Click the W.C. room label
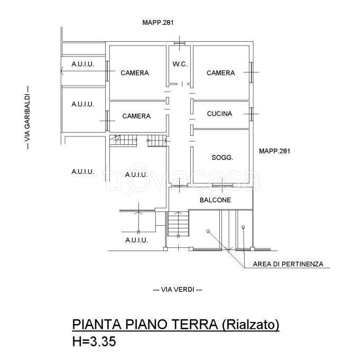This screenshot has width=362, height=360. pyautogui.click(x=179, y=64)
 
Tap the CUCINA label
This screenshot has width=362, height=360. pyautogui.click(x=219, y=114)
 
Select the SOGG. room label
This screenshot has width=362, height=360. pyautogui.click(x=222, y=158)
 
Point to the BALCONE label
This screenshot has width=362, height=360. pyautogui.click(x=215, y=200)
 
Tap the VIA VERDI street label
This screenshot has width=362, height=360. pyautogui.click(x=177, y=290)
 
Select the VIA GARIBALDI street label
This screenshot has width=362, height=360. pyautogui.click(x=26, y=118)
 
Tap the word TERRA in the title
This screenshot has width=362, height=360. pyautogui.click(x=184, y=324)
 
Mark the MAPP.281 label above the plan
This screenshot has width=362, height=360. pyautogui.click(x=158, y=23)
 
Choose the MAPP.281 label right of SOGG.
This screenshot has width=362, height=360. pyautogui.click(x=275, y=151)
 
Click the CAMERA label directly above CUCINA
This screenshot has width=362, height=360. pyautogui.click(x=220, y=73)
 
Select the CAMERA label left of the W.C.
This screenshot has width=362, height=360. pyautogui.click(x=134, y=73)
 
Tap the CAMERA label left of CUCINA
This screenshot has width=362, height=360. pyautogui.click(x=136, y=116)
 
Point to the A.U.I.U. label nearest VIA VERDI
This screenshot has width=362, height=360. pyautogui.click(x=136, y=240)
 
